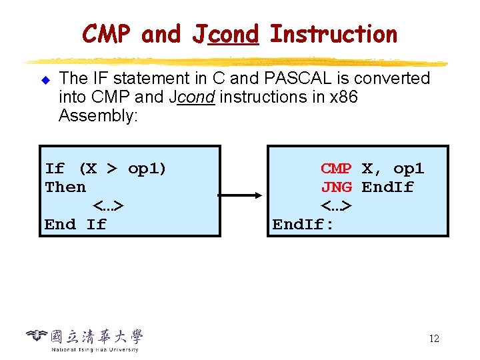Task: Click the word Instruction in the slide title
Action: pyautogui.click(x=334, y=33)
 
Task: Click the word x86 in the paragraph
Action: pyautogui.click(x=343, y=97)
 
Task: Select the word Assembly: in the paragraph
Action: pyautogui.click(x=98, y=116)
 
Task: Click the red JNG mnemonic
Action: pyautogui.click(x=336, y=187)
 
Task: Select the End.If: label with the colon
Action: pyautogui.click(x=303, y=225)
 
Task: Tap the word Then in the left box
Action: pyautogui.click(x=65, y=187)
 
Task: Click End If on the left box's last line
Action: pyautogui.click(x=75, y=225)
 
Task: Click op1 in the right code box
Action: pyautogui.click(x=408, y=169)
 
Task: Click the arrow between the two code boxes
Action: pyautogui.click(x=243, y=196)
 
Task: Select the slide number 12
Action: pyautogui.click(x=434, y=339)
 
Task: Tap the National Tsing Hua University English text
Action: pyautogui.click(x=95, y=349)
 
